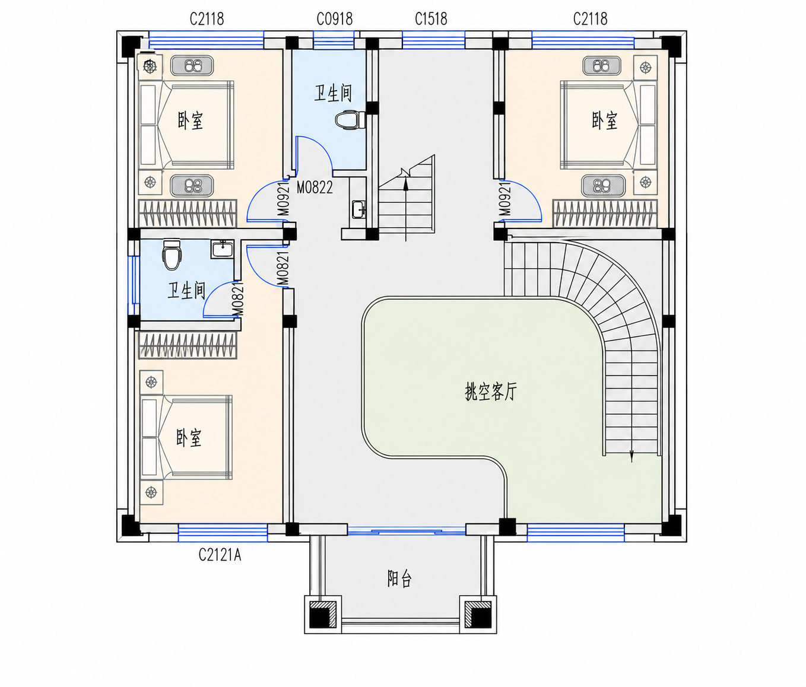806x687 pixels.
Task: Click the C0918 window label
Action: click(335, 19)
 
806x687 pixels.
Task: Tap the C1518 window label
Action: click(431, 19)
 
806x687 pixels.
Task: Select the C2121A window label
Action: click(220, 555)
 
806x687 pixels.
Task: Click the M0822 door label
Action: click(315, 187)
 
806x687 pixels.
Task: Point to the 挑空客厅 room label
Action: click(491, 391)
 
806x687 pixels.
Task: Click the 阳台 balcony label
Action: click(399, 578)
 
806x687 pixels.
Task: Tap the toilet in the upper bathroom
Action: click(350, 120)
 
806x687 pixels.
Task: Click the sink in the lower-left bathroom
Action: click(223, 249)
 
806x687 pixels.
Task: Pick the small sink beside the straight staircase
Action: click(358, 209)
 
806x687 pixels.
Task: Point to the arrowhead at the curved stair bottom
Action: click(632, 456)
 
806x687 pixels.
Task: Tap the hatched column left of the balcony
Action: click(323, 615)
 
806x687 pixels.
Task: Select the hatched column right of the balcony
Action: click(478, 615)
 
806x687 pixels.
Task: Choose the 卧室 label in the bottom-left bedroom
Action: click(189, 438)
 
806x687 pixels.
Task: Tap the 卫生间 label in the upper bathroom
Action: click(333, 93)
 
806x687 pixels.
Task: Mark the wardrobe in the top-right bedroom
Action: click(605, 213)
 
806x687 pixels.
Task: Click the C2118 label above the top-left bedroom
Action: click(207, 19)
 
